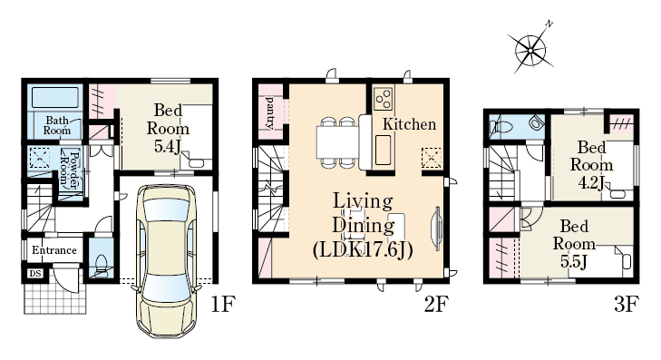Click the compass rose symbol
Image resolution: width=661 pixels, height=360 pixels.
coord(530,50)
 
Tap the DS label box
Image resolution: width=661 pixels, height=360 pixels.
coord(35,274)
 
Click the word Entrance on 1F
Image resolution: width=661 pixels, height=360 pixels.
coord(54,250)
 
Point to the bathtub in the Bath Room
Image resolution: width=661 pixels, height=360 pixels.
coord(54,97)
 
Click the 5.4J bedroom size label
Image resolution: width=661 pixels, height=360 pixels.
coord(168,147)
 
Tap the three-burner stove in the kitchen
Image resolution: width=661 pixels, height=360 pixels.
coord(384,99)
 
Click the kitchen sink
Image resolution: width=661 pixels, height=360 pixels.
coord(383,150)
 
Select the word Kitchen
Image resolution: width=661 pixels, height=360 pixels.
coord(409,124)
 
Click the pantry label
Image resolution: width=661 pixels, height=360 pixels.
coord(270,112)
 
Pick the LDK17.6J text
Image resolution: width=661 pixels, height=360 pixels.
coord(363,250)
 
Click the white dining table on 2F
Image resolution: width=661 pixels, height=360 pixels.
coord(337,142)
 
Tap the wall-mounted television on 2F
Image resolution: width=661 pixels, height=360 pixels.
coord(436,229)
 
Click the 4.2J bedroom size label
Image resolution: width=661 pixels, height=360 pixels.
coord(591,182)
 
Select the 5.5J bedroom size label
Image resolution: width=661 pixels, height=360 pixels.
coord(574,262)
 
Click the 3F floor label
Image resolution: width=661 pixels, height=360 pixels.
coord(627,304)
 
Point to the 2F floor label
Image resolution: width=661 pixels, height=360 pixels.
coord(436,304)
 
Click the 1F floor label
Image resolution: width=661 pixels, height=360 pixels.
coord(222,304)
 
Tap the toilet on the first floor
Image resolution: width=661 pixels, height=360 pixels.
coord(102,265)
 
